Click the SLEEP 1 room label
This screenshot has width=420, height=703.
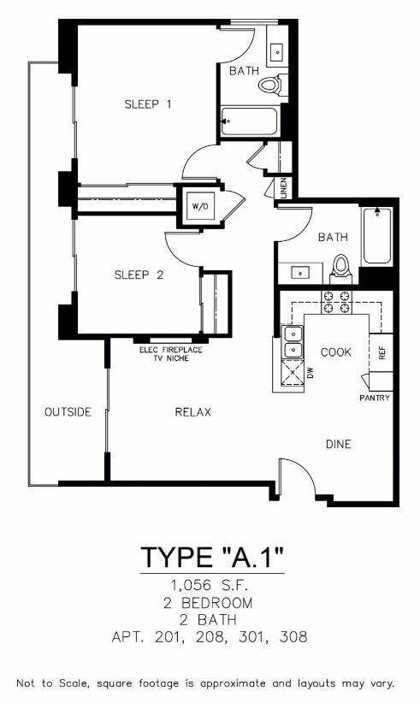(x=148, y=104)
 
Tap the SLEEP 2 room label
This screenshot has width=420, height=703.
(x=139, y=275)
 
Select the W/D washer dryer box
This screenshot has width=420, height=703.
(x=199, y=206)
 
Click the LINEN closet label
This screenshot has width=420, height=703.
(x=283, y=188)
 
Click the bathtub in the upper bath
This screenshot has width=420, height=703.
(x=249, y=121)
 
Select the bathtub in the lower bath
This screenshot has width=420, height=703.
(x=377, y=236)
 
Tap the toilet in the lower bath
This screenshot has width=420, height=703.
(x=341, y=267)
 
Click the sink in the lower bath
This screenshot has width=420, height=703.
(x=300, y=273)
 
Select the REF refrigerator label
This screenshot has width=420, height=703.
(x=382, y=351)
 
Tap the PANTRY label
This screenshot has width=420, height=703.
(x=375, y=398)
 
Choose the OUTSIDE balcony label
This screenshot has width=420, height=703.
(x=68, y=412)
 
